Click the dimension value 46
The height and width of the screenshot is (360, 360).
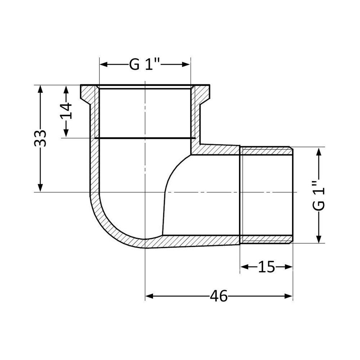219,296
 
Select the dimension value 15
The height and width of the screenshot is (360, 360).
266,267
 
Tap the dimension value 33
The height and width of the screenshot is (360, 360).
41,138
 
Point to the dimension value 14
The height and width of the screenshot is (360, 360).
66,111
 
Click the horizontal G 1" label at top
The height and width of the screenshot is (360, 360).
145,65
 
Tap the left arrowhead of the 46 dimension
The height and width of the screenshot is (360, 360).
149,296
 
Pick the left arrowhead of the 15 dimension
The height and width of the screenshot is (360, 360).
244,267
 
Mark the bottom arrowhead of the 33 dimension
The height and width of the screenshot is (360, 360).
41,188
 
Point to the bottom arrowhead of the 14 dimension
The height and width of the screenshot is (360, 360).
66,134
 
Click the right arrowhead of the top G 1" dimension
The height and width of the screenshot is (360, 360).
186,65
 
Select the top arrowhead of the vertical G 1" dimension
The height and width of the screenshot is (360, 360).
319,152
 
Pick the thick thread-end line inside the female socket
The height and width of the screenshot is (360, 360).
145,138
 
